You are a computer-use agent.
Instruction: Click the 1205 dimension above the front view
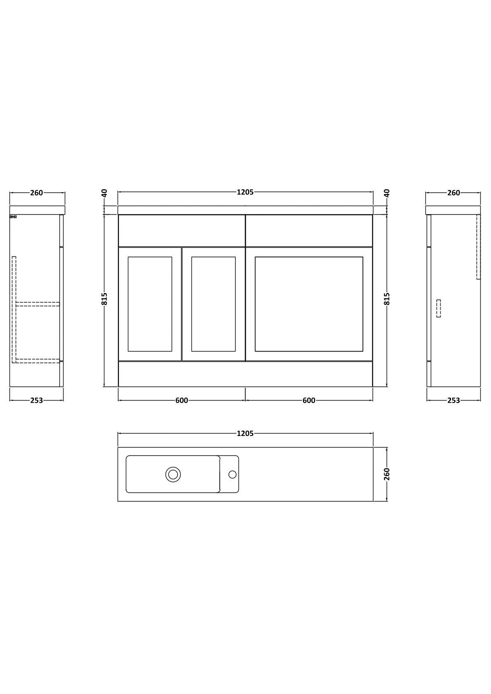[245, 192]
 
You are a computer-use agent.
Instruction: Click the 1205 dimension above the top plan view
[245, 434]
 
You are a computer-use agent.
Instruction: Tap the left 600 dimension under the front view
[182, 400]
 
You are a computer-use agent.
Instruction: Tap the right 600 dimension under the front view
[309, 400]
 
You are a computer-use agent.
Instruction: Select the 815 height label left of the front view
[104, 299]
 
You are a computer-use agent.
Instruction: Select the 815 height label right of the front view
[387, 299]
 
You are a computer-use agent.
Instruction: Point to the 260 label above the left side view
[36, 193]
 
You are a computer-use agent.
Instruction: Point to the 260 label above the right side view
[453, 193]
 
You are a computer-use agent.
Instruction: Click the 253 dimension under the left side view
[36, 400]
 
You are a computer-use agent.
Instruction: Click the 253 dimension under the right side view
[453, 400]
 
